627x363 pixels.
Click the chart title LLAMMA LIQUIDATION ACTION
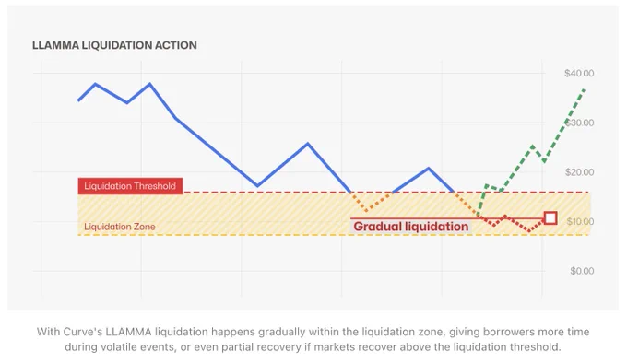pyautogui.click(x=114, y=45)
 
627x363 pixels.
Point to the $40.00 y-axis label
pyautogui.click(x=579, y=73)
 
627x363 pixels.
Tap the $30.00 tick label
pyautogui.click(x=579, y=123)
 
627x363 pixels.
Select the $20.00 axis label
pyautogui.click(x=579, y=172)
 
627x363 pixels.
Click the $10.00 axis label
pyautogui.click(x=580, y=221)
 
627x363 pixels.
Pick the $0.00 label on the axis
pyautogui.click(x=582, y=271)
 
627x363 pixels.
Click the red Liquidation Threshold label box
pyautogui.click(x=130, y=186)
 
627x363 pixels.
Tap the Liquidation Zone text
pyautogui.click(x=120, y=227)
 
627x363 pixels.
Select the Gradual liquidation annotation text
pyautogui.click(x=410, y=227)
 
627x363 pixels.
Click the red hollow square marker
pyautogui.click(x=550, y=218)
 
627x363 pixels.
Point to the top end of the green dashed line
pyautogui.click(x=585, y=89)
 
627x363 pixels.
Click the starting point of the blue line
pyautogui.click(x=78, y=100)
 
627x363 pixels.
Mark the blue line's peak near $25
pyautogui.click(x=307, y=144)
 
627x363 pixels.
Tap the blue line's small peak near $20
pyautogui.click(x=429, y=168)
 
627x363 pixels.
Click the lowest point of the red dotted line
pyautogui.click(x=529, y=231)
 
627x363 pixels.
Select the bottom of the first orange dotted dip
pyautogui.click(x=368, y=210)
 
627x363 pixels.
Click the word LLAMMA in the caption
pyautogui.click(x=131, y=332)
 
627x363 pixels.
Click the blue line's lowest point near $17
pyautogui.click(x=257, y=186)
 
